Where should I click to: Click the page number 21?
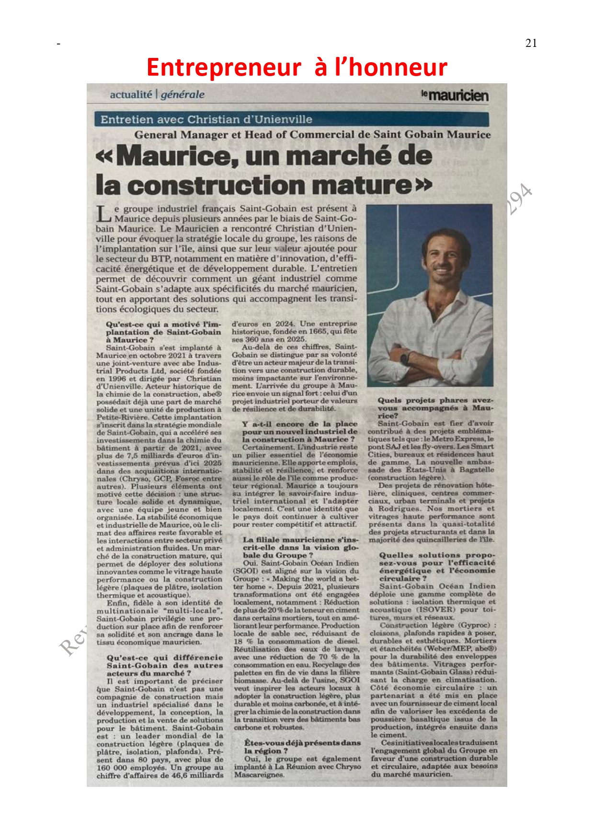point(531,43)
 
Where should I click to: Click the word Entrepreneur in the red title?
point(224,67)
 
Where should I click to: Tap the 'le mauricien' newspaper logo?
point(455,95)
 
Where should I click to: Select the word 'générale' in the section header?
point(183,95)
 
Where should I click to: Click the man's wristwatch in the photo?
point(405,357)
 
